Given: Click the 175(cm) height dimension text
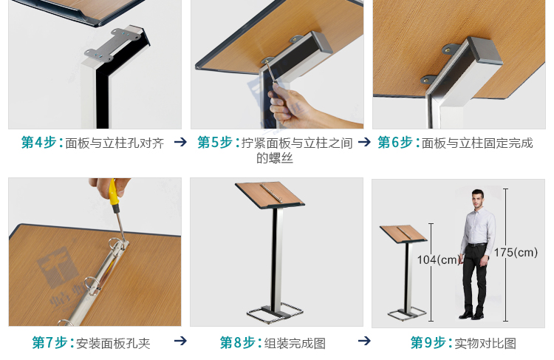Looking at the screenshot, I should [516, 253].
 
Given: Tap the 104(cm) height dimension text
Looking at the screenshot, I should [439, 259].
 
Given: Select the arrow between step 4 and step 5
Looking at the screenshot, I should [180, 142].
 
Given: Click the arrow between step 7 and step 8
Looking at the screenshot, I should [180, 342].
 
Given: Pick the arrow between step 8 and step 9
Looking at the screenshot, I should [363, 342].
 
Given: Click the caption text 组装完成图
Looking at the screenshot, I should [295, 343].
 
